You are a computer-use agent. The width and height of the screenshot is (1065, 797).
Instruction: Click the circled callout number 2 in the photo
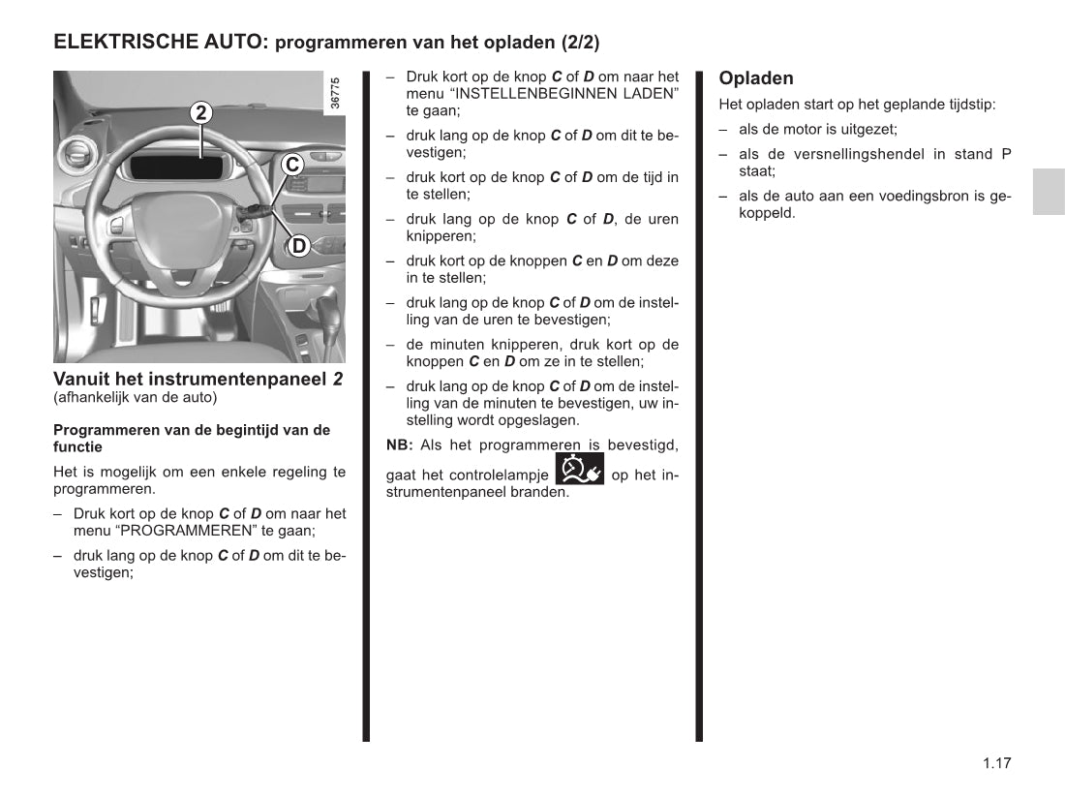tap(200, 112)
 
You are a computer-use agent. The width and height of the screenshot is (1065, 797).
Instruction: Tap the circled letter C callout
tap(292, 165)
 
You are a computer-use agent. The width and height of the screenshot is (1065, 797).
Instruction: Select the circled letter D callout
tap(299, 246)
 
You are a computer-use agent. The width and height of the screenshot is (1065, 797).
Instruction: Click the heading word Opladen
tap(756, 78)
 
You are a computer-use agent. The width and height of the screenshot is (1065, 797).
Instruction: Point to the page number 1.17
tap(996, 763)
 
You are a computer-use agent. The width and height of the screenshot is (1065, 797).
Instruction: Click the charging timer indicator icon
tap(580, 469)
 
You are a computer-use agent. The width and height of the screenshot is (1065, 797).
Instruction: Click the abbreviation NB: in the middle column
tap(400, 445)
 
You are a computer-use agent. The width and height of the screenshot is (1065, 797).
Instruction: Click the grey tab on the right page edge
tap(1048, 191)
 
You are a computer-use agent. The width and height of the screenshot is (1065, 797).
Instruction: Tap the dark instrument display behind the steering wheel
tap(177, 166)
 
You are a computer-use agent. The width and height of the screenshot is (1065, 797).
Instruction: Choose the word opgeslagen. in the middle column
tap(535, 420)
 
